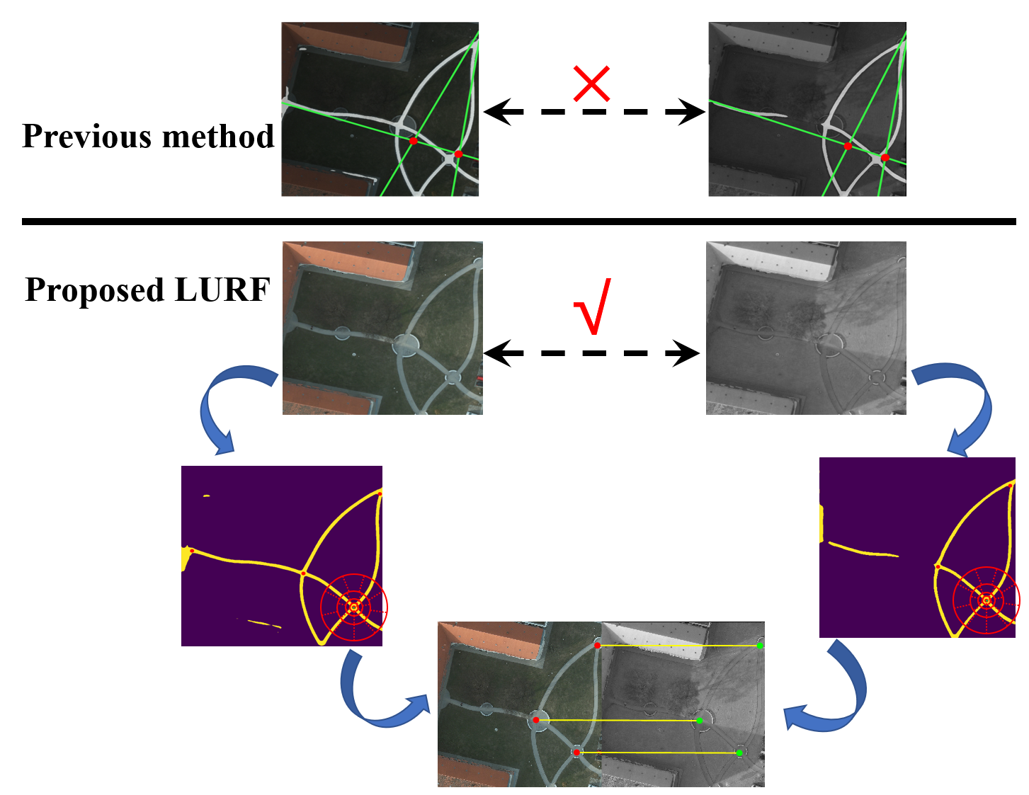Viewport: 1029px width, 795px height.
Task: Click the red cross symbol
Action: pos(591,84)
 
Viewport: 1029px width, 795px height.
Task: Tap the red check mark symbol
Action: pos(593,308)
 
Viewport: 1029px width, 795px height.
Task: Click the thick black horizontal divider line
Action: pos(518,222)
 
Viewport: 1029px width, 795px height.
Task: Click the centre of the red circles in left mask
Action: pos(354,607)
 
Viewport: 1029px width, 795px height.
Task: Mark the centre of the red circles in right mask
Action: pos(986,600)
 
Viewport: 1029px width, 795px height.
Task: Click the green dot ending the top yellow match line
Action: pos(760,645)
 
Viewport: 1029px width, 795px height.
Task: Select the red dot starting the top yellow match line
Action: pos(598,646)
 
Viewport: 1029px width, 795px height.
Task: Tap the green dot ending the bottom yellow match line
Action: pos(739,753)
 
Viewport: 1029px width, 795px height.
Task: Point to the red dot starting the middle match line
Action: pos(536,720)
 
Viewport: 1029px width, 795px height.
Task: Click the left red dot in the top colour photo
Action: pos(414,141)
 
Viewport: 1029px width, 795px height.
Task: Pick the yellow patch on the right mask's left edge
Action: pos(822,524)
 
